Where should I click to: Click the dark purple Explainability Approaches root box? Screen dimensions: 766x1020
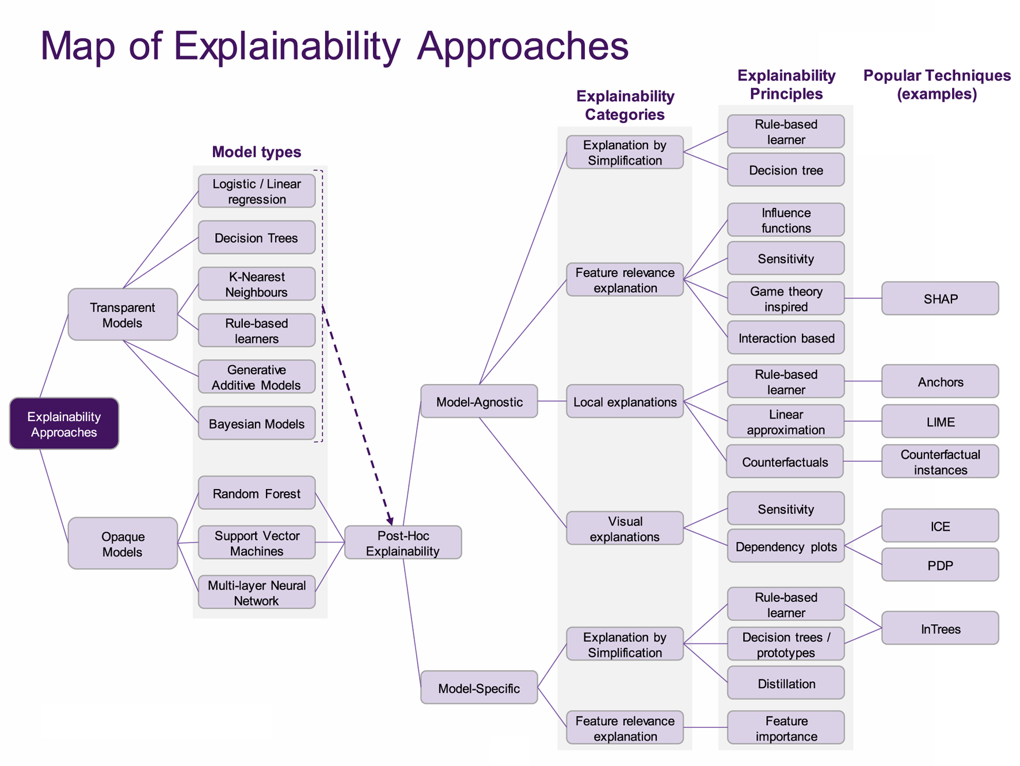(x=64, y=423)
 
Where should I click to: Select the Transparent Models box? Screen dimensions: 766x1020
(x=123, y=314)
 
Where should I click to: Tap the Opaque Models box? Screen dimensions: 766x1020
(x=123, y=543)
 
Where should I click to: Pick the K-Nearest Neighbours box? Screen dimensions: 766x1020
(x=257, y=284)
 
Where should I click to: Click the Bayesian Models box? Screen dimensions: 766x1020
(x=257, y=424)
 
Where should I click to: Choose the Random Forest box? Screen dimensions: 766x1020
(x=257, y=493)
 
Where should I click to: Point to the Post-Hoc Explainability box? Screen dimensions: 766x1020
(x=403, y=543)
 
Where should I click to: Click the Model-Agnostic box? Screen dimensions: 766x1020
(x=479, y=401)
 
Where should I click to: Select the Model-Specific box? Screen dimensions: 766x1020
(x=479, y=688)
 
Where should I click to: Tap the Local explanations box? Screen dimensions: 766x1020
(x=625, y=401)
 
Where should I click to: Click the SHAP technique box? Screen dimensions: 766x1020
(x=940, y=298)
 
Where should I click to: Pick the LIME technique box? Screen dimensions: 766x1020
(x=940, y=422)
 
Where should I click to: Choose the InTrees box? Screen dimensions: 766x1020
(x=940, y=628)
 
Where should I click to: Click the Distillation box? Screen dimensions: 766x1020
(x=786, y=683)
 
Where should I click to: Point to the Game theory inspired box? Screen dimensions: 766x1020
(x=786, y=298)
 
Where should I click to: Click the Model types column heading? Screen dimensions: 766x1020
(x=257, y=151)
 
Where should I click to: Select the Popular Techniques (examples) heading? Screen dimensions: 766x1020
(x=937, y=85)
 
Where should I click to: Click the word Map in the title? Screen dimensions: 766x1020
(x=78, y=46)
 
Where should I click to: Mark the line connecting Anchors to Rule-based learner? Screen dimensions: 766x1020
(x=863, y=381)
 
